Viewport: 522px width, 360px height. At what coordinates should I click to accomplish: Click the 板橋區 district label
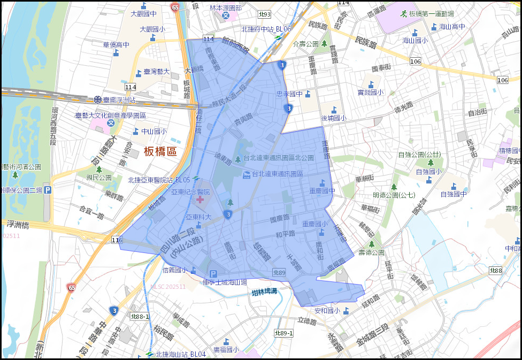point(160,151)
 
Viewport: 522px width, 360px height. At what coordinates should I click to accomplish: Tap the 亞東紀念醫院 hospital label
point(190,192)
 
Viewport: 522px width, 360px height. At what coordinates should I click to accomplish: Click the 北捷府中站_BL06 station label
point(266,29)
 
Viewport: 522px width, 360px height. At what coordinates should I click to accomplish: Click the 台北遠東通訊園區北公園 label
point(279,158)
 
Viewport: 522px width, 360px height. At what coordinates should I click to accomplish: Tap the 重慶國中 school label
point(322,190)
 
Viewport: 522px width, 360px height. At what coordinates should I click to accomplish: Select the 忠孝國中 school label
point(289,94)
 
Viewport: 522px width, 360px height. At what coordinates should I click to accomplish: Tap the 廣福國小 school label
point(226,349)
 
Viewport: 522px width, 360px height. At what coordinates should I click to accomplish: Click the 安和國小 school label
point(327,310)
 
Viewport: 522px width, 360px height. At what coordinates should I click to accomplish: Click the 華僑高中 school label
point(112,45)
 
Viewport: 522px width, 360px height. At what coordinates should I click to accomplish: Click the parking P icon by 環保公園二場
point(47,190)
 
